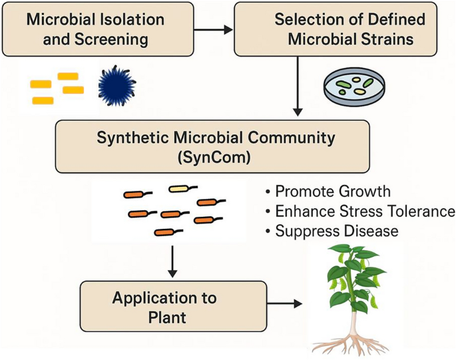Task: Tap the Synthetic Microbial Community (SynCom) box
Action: click(x=222, y=147)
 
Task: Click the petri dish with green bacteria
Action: click(x=353, y=86)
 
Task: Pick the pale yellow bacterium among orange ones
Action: click(x=180, y=189)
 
